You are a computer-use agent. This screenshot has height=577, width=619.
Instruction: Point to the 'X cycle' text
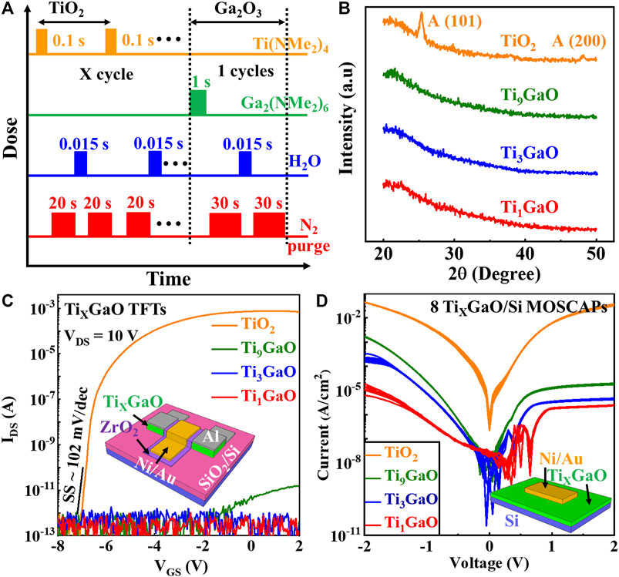tap(106, 78)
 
